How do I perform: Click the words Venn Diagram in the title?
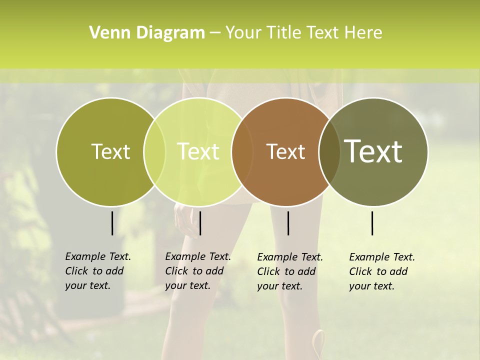(x=147, y=33)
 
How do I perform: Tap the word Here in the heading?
(x=363, y=33)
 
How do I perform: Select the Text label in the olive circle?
(x=110, y=151)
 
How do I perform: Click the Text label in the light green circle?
(x=198, y=151)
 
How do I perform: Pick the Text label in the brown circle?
(x=285, y=151)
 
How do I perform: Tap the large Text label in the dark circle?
(x=373, y=151)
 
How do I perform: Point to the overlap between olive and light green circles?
(x=154, y=152)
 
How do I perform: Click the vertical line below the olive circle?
(x=112, y=223)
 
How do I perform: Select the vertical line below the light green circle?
(x=200, y=223)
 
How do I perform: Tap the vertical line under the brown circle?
(x=288, y=223)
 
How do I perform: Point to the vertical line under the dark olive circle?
(x=372, y=223)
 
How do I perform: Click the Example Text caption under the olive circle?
(x=98, y=271)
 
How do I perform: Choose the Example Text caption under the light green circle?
(x=198, y=271)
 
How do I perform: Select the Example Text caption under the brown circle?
(x=290, y=271)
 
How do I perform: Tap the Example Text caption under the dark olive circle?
(x=382, y=271)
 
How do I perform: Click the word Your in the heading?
(x=243, y=33)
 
